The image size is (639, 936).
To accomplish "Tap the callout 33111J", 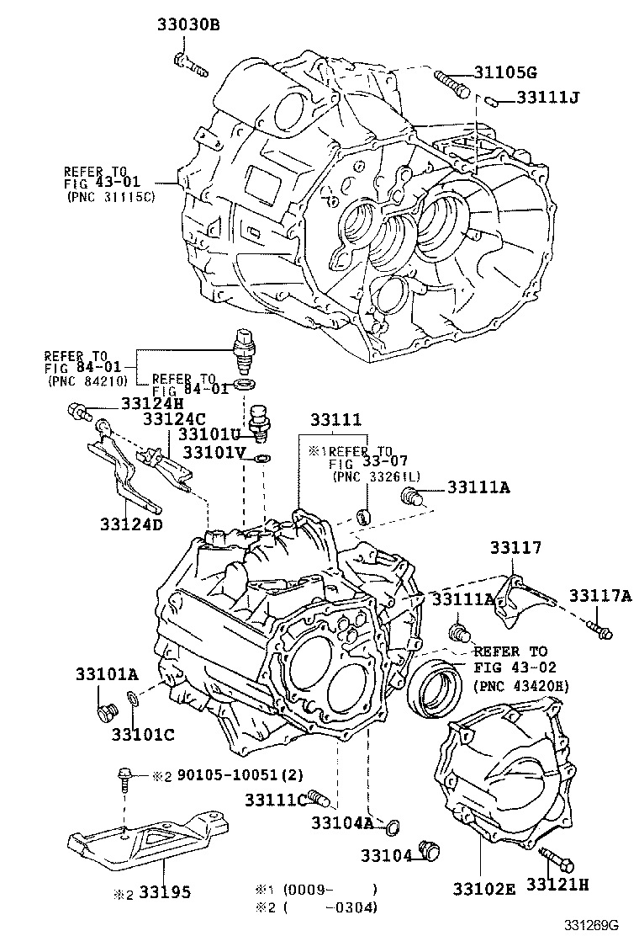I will [547, 98].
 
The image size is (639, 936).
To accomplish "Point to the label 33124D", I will [130, 524].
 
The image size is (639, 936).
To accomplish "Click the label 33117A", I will [599, 596].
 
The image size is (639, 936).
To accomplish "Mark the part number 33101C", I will [142, 734].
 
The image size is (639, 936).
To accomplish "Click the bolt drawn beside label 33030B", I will [191, 64].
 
